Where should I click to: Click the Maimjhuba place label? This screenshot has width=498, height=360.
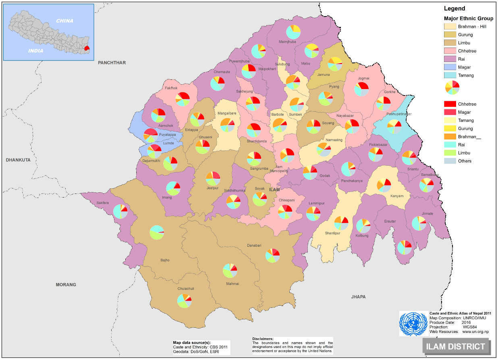(287, 42)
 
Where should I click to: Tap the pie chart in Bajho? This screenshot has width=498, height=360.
(157, 233)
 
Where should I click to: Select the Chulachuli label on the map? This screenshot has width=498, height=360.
(186, 289)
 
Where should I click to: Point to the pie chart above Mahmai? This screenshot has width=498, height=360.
(230, 271)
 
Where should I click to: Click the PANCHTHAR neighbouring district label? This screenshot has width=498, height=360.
(112, 63)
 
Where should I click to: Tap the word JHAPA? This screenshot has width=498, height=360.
(358, 297)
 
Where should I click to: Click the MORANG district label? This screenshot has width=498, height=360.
(66, 285)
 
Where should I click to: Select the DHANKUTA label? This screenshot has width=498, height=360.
(18, 160)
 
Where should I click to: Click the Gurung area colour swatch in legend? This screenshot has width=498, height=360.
(450, 35)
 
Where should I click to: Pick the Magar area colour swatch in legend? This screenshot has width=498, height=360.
(450, 67)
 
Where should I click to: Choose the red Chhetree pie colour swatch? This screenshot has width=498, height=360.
(450, 104)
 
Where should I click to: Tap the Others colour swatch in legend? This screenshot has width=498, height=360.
(450, 161)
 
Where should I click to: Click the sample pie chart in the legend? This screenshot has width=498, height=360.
(452, 87)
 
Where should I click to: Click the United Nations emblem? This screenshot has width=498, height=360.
(413, 324)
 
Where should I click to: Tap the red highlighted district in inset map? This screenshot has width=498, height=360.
(87, 49)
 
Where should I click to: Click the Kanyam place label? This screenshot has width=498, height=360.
(394, 196)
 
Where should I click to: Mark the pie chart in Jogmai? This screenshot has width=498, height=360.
(361, 89)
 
